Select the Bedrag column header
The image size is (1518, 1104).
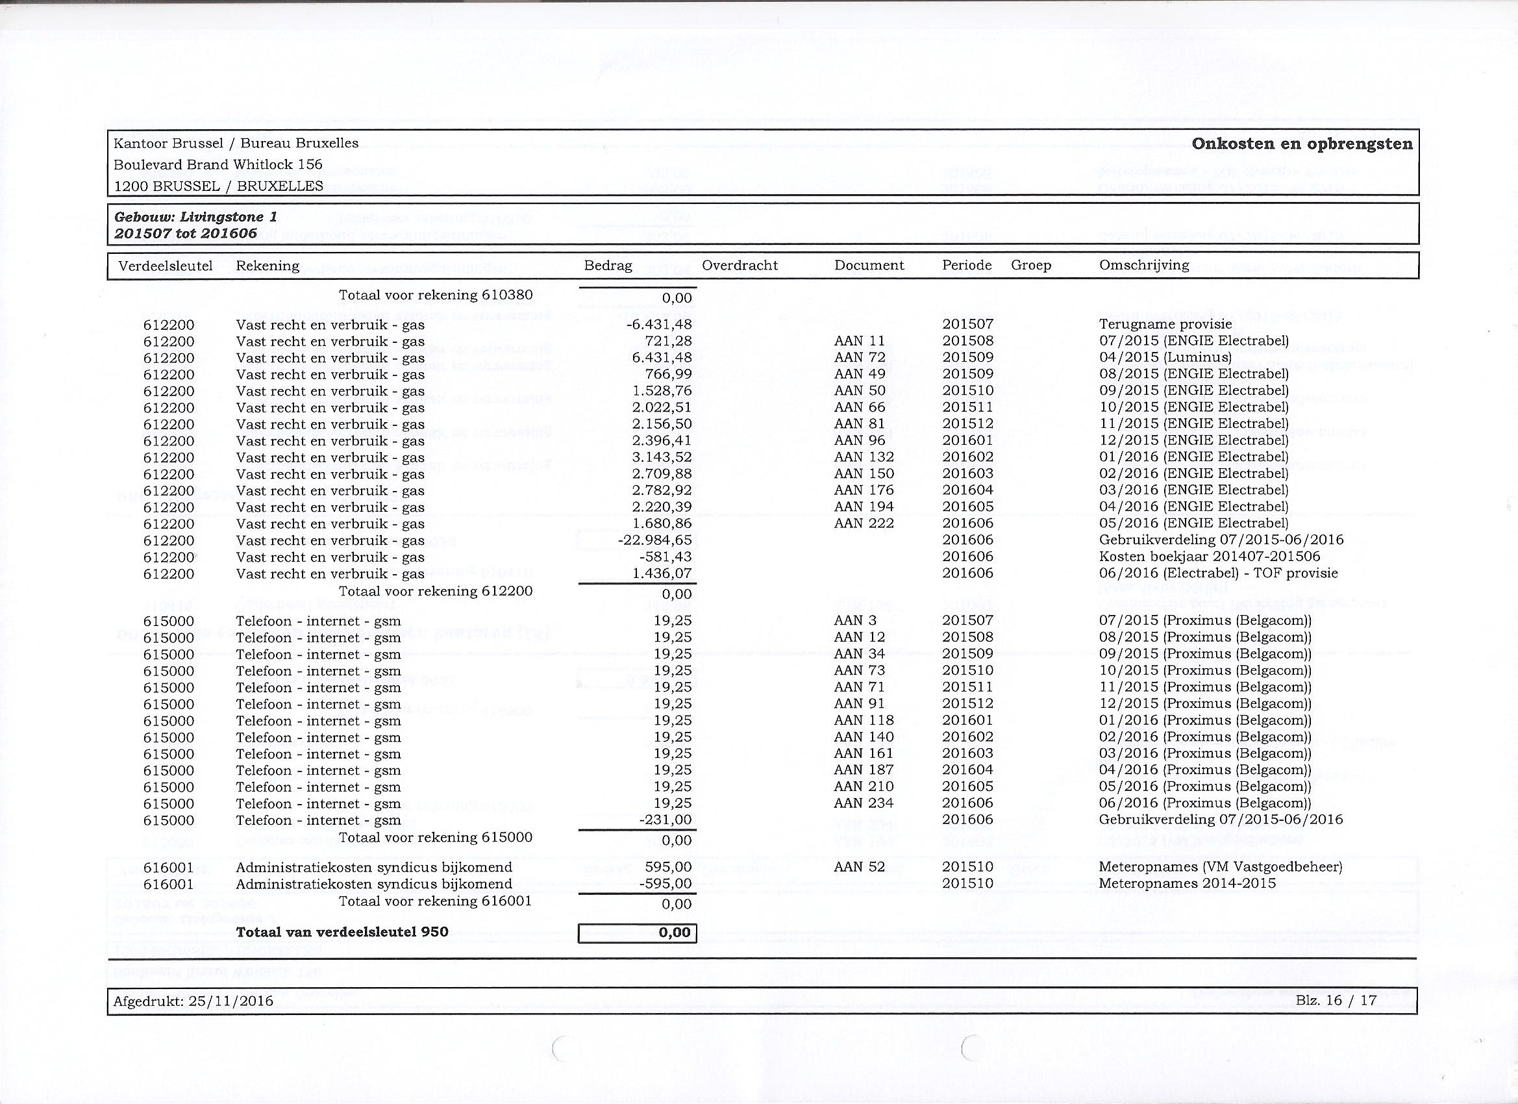click(608, 266)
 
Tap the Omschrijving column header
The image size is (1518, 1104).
click(1144, 265)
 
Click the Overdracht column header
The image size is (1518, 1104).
click(740, 266)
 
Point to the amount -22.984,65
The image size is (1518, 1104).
click(654, 540)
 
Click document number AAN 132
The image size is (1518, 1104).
click(864, 457)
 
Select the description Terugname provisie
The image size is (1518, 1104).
click(1165, 324)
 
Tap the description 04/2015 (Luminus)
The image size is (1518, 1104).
click(1165, 358)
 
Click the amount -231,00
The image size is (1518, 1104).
click(666, 820)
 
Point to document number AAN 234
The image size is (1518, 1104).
click(864, 803)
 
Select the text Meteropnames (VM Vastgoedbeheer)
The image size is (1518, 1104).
click(1221, 867)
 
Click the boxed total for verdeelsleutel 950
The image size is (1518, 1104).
click(637, 933)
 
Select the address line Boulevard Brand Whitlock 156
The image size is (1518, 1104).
click(218, 165)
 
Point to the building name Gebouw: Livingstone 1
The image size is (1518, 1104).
click(195, 217)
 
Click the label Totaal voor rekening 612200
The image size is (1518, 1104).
click(435, 591)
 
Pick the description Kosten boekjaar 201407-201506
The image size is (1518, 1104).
click(1210, 557)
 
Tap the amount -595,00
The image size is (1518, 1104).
click(666, 884)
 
